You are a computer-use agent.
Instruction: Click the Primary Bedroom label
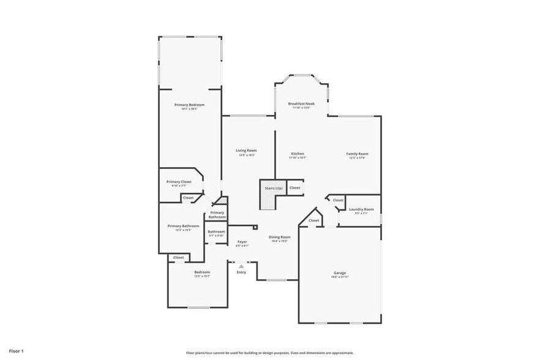point(189,105)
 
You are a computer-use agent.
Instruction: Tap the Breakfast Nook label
point(301,104)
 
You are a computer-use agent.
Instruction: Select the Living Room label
point(246,151)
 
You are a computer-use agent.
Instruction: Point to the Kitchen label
point(297,154)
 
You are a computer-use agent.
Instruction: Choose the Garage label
point(340,273)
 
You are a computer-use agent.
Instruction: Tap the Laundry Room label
point(361,209)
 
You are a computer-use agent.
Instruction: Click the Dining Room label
point(279,237)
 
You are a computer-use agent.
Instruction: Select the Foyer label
point(242,242)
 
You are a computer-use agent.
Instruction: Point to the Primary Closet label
point(179,182)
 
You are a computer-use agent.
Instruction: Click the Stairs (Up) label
point(274,188)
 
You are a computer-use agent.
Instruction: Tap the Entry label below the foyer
point(241,272)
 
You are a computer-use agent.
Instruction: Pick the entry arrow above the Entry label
point(241,266)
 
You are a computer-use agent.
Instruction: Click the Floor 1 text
point(16,351)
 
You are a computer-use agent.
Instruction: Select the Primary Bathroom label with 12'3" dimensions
point(183,226)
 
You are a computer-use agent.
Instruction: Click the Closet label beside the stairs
point(295,188)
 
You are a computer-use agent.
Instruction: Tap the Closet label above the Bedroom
point(178,258)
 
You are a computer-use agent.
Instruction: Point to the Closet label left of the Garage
point(313,220)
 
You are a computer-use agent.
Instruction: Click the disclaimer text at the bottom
point(269,353)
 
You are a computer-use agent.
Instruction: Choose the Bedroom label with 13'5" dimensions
point(202,272)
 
